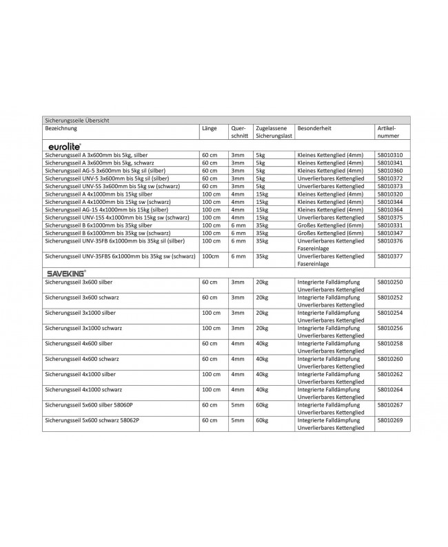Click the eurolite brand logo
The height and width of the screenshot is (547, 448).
tap(66, 147)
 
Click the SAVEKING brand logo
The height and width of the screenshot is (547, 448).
tap(67, 273)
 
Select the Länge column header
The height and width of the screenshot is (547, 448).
tap(209, 129)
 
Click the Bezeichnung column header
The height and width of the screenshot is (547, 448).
tap(61, 129)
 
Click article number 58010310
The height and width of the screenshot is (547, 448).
tap(390, 156)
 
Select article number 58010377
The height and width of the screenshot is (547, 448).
tap(390, 256)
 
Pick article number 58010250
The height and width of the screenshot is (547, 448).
tap(390, 282)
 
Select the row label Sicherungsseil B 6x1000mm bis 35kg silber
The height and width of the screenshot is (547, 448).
tap(98, 225)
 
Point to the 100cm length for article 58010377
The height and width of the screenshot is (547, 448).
tap(210, 256)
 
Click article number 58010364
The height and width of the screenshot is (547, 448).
tap(390, 209)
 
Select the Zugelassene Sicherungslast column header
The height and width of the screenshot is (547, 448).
tap(272, 132)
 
